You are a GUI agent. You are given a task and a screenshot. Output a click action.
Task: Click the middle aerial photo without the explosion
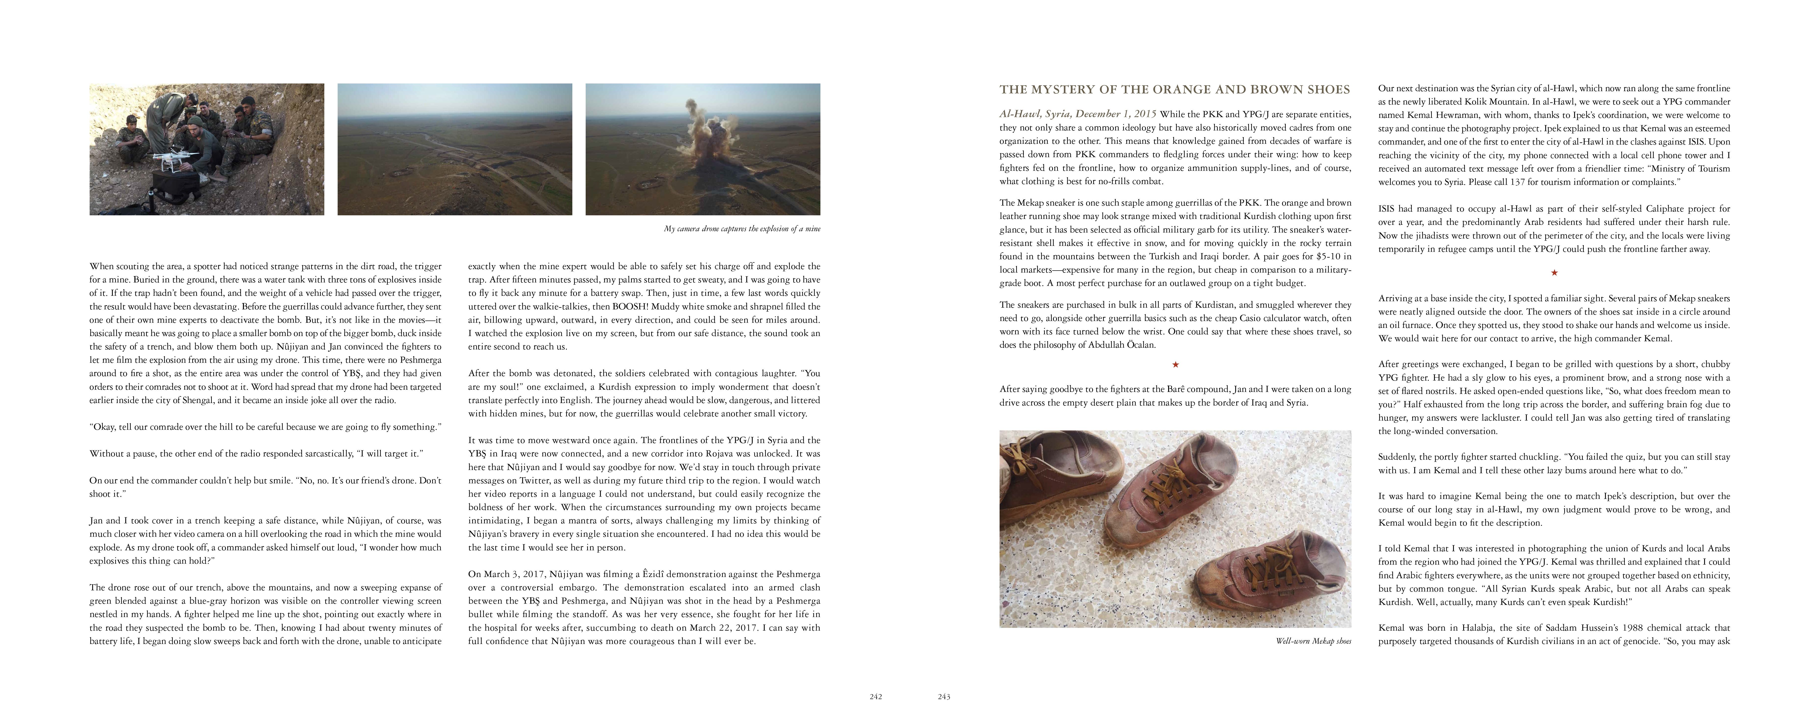tap(454, 149)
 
